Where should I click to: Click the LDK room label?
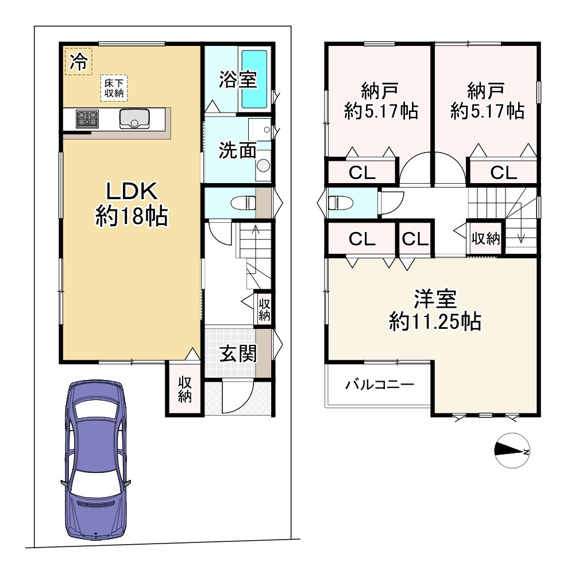click(132, 204)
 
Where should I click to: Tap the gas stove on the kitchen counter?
click(87, 119)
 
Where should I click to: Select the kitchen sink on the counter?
click(134, 119)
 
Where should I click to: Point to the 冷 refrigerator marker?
click(78, 61)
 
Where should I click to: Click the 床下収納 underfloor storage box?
click(114, 88)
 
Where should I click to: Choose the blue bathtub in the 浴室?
click(254, 79)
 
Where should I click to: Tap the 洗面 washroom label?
click(237, 150)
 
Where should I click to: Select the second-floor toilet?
click(340, 203)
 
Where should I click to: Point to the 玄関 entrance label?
click(238, 354)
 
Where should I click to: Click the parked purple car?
click(95, 460)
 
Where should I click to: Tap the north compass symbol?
click(512, 451)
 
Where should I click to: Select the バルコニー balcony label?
click(380, 385)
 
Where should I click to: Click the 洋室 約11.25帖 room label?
click(435, 311)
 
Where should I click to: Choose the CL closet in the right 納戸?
click(504, 172)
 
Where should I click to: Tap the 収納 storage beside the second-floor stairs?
click(485, 239)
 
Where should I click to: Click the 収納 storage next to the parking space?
click(184, 390)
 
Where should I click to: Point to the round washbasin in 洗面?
click(263, 165)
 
